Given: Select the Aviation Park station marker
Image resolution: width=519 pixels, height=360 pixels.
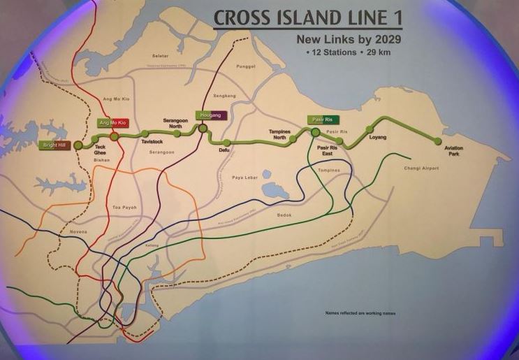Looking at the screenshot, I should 438,141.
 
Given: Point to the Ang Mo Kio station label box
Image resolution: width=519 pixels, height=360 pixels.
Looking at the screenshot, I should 112,123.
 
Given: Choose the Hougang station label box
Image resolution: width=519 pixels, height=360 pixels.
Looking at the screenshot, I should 210,115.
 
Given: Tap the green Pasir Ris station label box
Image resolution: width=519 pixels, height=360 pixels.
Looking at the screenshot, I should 323,120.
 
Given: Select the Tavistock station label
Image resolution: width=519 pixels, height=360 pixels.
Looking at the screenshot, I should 152,141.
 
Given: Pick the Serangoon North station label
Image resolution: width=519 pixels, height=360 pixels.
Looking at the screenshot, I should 175,122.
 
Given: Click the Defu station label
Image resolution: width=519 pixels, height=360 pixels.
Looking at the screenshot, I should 224,150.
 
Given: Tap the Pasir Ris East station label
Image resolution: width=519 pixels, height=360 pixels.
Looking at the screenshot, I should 327,151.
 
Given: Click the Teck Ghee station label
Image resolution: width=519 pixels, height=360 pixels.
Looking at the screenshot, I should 100,150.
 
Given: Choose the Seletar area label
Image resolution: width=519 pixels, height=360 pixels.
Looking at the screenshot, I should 161,55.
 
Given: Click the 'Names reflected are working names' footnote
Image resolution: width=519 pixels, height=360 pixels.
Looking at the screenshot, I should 360,313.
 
